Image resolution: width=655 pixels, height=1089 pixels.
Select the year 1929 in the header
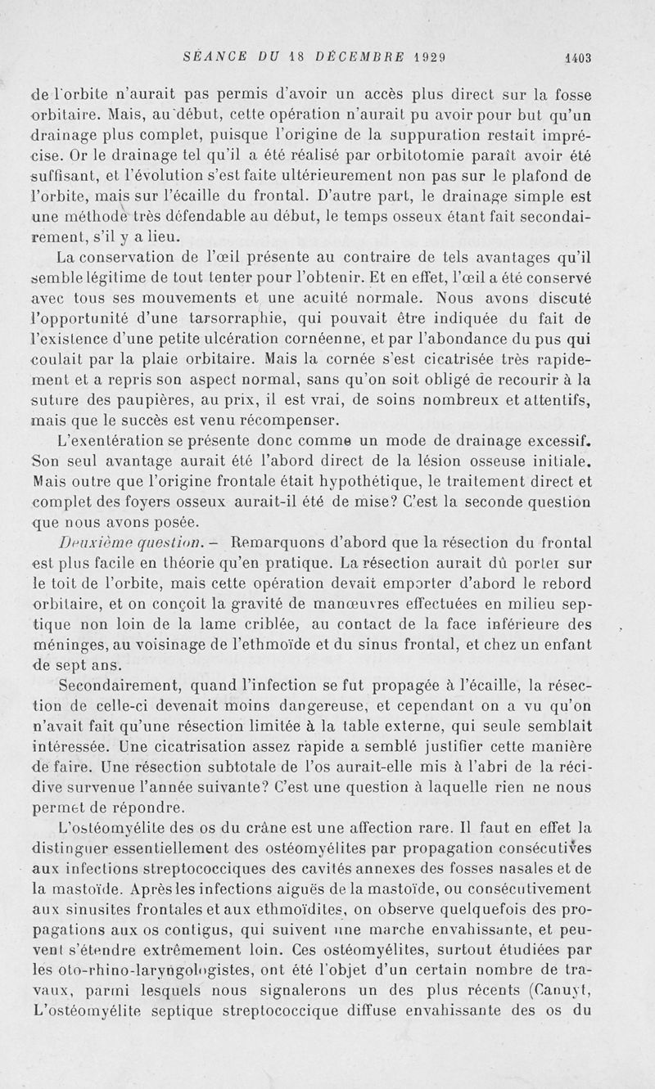428,56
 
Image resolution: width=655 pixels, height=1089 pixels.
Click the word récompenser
264,421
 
